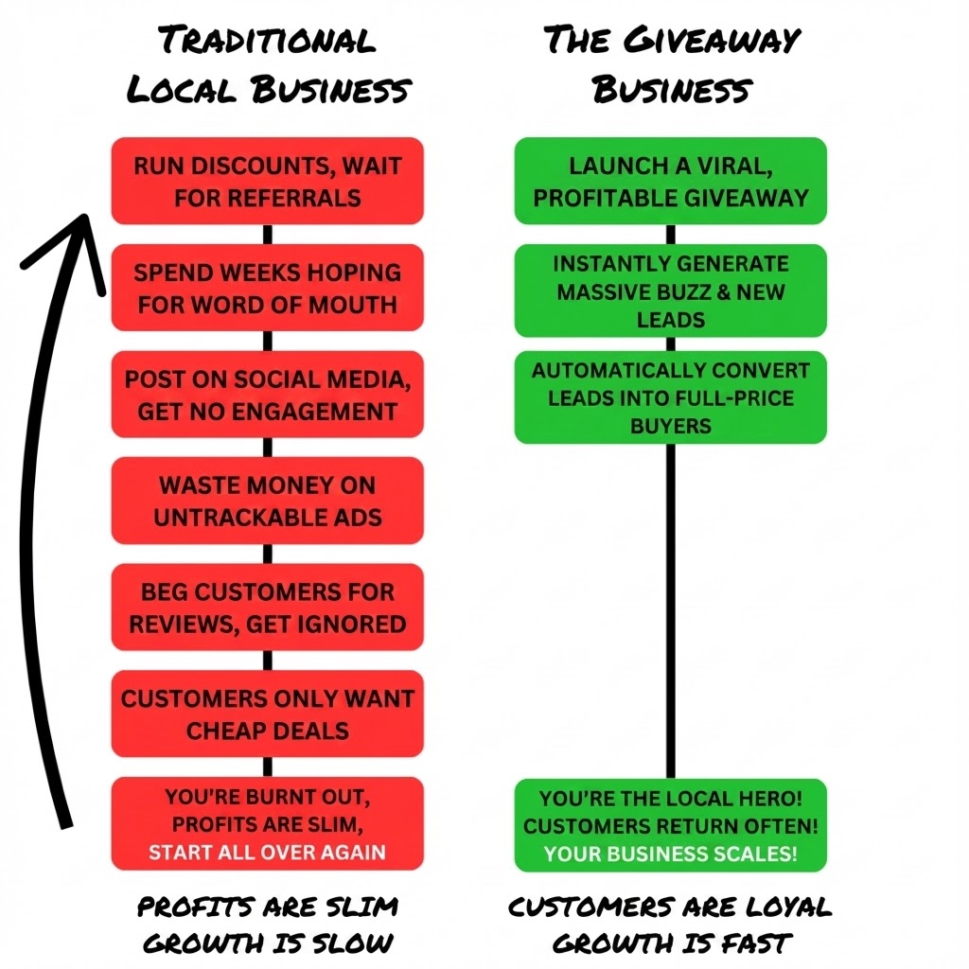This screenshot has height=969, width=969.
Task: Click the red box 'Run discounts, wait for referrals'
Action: coord(267,181)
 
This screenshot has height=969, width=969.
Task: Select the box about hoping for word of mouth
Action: coord(267,288)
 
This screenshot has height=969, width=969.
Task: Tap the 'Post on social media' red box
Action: coord(267,395)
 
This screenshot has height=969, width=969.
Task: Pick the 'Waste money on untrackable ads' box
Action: coord(267,501)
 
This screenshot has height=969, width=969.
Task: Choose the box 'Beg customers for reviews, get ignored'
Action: coord(267,608)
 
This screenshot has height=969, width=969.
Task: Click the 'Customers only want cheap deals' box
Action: coord(267,714)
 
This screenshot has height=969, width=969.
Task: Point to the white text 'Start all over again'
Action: coord(267,852)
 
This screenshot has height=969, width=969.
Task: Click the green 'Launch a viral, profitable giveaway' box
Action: coord(670,181)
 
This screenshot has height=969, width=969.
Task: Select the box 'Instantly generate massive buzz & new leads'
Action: coord(670,291)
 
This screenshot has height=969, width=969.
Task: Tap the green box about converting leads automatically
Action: coord(670,397)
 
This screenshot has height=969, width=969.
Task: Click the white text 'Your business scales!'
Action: coord(670,854)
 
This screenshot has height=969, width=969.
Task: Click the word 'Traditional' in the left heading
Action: coord(267,42)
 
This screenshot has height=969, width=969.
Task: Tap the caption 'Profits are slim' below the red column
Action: coord(267,907)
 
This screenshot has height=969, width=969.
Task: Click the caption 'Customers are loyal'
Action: coord(670,907)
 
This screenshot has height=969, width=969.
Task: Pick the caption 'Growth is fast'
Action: coord(670,943)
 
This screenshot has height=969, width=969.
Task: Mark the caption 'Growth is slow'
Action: coord(267,943)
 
